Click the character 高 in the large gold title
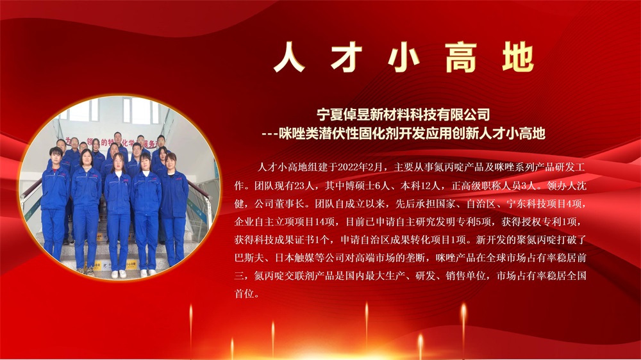point(461,57)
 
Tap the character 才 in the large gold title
point(347,57)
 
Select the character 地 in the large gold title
point(518,57)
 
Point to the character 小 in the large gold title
point(404,57)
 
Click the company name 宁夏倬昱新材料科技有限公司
point(403,115)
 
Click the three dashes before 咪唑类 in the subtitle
point(270,134)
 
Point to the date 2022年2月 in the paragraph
point(360,167)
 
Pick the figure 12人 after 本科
point(431,186)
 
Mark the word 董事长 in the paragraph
point(290,204)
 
